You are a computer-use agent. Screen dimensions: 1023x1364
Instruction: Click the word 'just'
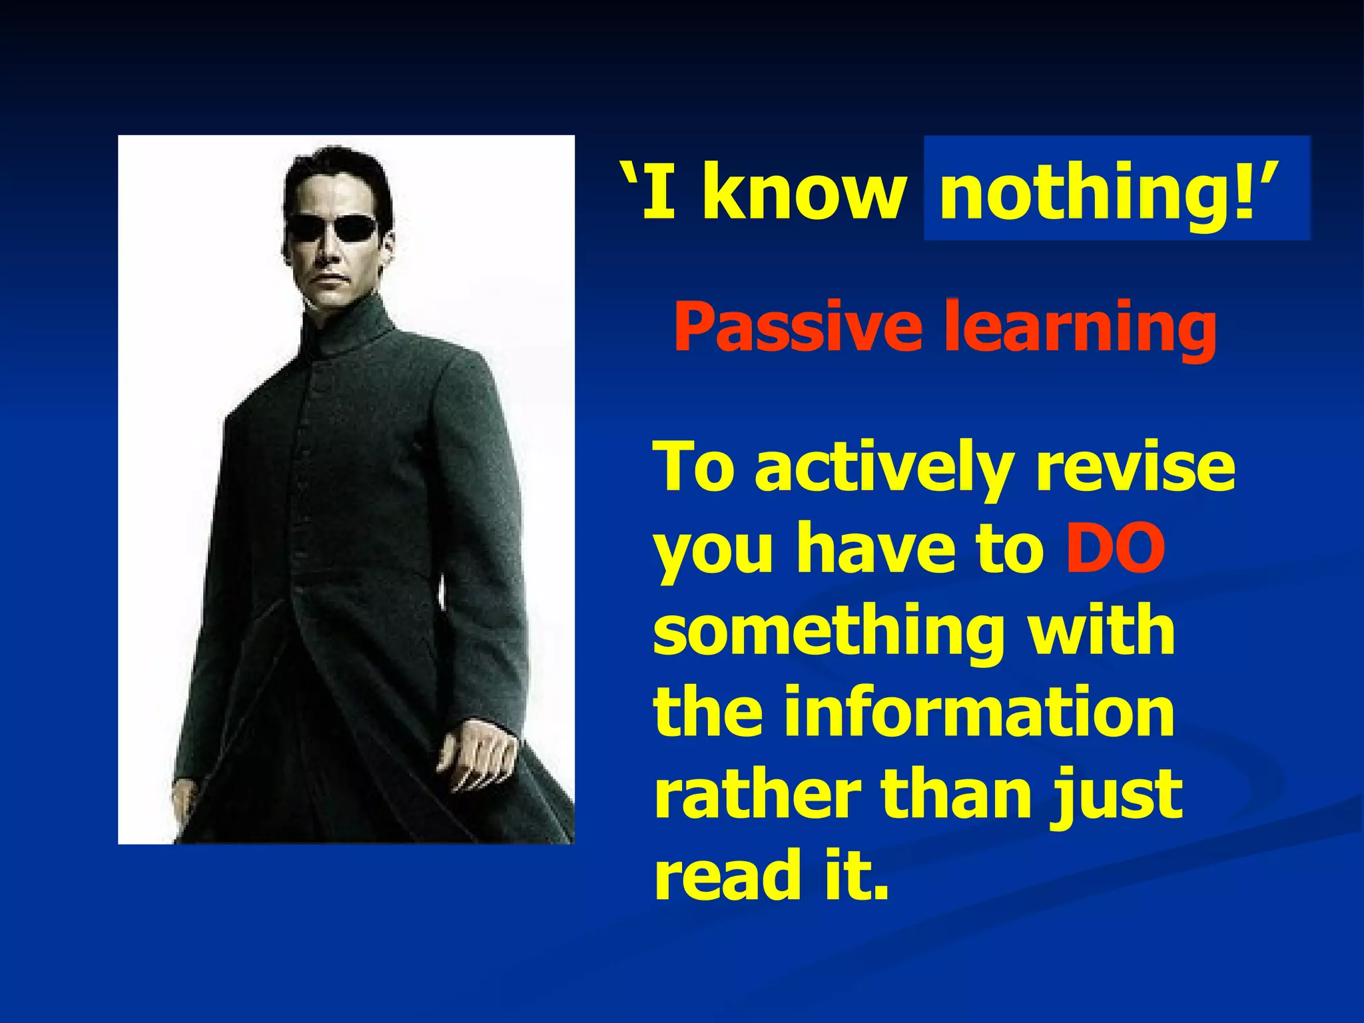point(1116,796)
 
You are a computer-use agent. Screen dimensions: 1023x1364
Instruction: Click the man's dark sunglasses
point(332,228)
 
